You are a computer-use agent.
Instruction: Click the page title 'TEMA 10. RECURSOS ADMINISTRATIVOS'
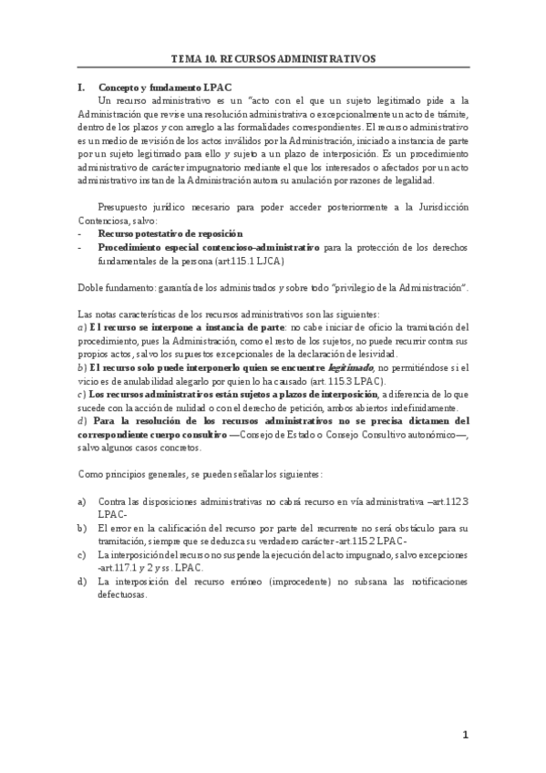[x=273, y=57]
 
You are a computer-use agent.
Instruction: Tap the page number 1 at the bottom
[x=465, y=734]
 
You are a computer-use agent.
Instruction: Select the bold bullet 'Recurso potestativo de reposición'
[x=169, y=234]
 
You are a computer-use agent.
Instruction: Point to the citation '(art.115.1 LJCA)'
[x=246, y=261]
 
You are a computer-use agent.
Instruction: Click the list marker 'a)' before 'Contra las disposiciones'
[x=82, y=501]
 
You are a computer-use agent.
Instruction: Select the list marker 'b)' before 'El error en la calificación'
[x=82, y=528]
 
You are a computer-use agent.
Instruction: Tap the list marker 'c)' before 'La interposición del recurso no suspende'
[x=82, y=554]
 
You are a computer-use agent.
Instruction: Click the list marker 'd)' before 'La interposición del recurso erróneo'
[x=82, y=580]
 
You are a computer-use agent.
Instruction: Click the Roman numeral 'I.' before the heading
[x=81, y=87]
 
